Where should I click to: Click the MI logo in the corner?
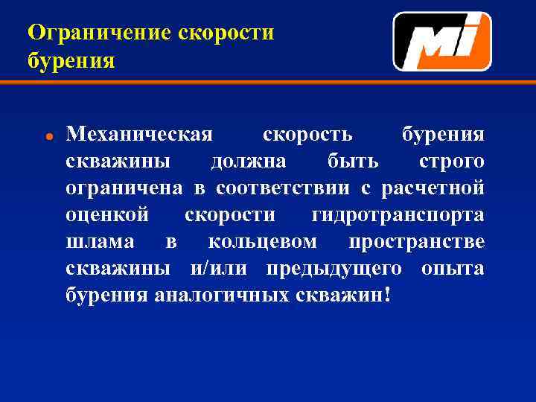coord(442,41)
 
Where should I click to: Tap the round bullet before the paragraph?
coord(47,138)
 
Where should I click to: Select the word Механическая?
coord(139,135)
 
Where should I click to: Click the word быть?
coord(353,162)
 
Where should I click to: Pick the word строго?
coord(451,162)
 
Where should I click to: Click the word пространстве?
coord(416,243)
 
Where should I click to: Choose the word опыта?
coord(453,269)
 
